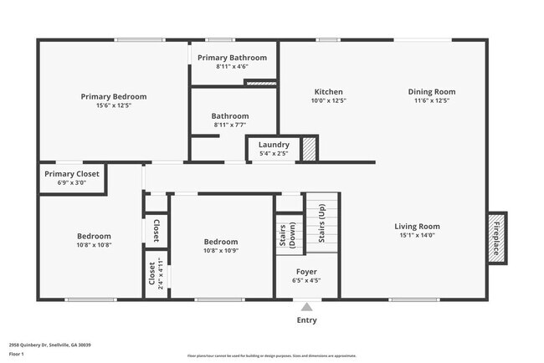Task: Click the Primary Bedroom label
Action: coord(114,96)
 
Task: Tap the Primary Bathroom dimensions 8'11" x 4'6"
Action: coord(232,66)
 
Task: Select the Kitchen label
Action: coord(328,92)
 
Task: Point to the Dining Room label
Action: coord(431,92)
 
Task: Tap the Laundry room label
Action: coord(274,145)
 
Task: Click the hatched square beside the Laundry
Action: coord(310,149)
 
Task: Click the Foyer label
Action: coord(306,272)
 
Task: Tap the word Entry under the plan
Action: coord(307,320)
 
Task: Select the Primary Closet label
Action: coord(72,173)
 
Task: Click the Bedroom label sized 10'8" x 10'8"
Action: coord(94,236)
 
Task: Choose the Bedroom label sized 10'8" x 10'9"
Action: coord(221,242)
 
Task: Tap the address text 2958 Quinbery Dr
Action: coord(49,345)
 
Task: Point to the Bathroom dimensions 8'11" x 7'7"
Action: coord(230,125)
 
